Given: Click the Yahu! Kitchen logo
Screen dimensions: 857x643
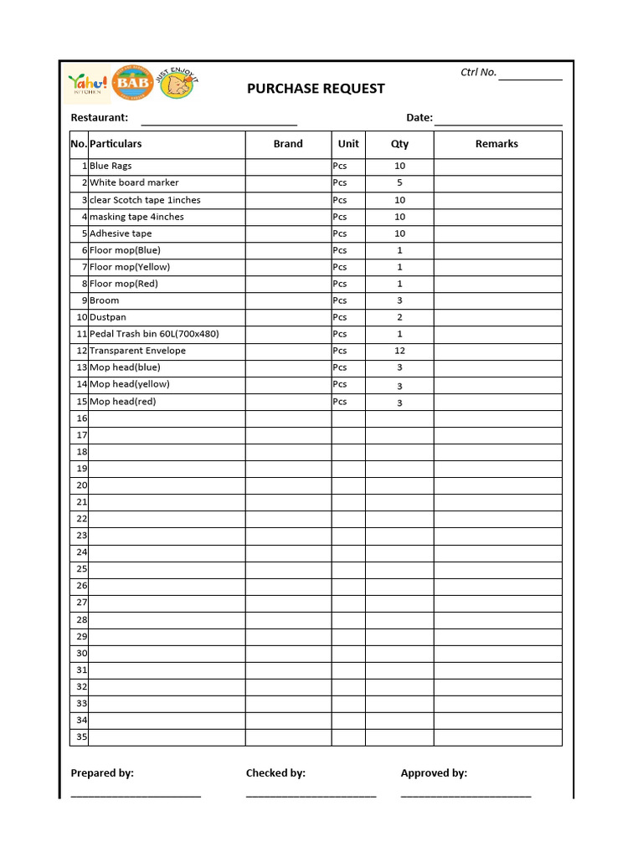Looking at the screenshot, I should pyautogui.click(x=88, y=85).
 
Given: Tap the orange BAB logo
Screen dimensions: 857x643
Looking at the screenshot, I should pyautogui.click(x=132, y=84).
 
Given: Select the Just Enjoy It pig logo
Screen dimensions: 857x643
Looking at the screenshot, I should pyautogui.click(x=177, y=84).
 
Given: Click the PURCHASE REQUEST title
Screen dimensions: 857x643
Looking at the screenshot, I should pyautogui.click(x=316, y=89).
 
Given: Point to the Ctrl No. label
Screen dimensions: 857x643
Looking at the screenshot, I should pyautogui.click(x=478, y=73).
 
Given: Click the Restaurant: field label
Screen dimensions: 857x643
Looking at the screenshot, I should pyautogui.click(x=100, y=118).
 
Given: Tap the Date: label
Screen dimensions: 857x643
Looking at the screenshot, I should pyautogui.click(x=419, y=118).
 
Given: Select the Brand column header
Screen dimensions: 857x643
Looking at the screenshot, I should pyautogui.click(x=288, y=144).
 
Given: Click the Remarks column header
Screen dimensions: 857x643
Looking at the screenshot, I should pyautogui.click(x=496, y=144).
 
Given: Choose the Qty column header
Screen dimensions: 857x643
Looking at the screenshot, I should pyautogui.click(x=399, y=144).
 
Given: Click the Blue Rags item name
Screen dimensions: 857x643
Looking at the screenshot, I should pyautogui.click(x=111, y=167).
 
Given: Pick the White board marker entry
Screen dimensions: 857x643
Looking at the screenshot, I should pyautogui.click(x=134, y=182).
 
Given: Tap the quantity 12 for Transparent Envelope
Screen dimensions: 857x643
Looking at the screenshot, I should pyautogui.click(x=399, y=351).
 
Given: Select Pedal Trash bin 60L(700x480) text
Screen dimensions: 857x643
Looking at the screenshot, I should pyautogui.click(x=154, y=334).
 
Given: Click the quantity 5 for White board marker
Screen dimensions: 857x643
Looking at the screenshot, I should pyautogui.click(x=399, y=182).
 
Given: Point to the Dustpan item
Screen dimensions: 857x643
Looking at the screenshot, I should pyautogui.click(x=108, y=317).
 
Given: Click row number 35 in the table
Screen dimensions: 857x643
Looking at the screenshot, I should pyautogui.click(x=81, y=737).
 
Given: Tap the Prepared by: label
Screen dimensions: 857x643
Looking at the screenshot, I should pyautogui.click(x=102, y=773).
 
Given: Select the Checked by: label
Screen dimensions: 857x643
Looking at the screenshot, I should pyautogui.click(x=275, y=773).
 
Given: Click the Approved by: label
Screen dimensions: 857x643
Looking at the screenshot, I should pyautogui.click(x=434, y=773).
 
